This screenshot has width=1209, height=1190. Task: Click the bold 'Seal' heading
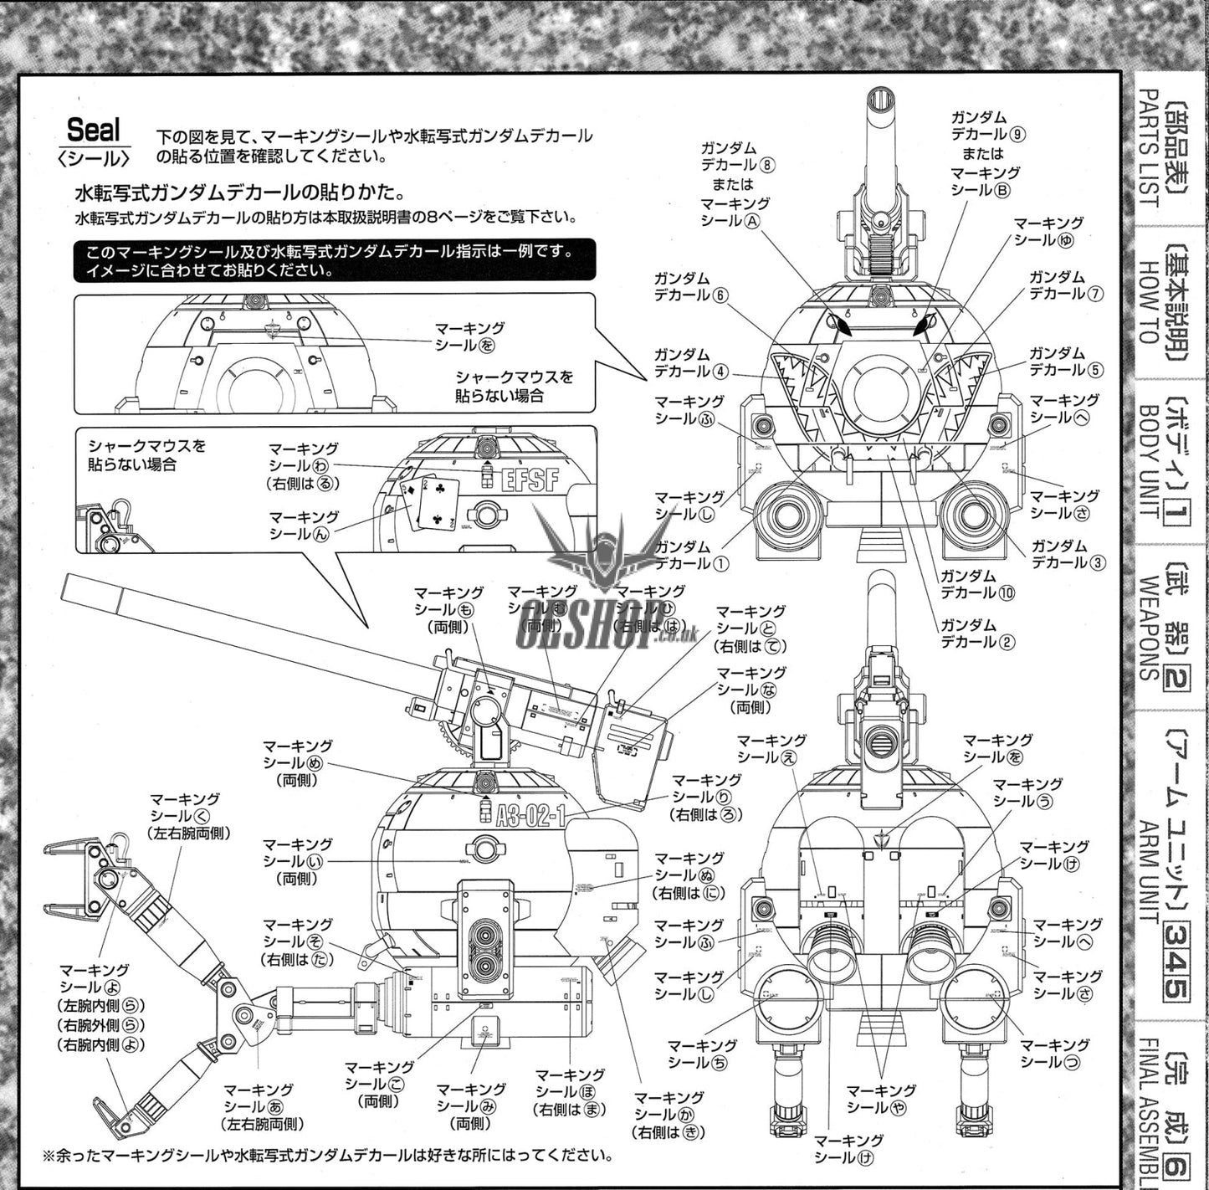[94, 131]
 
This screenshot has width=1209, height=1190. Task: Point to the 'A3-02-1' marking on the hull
[530, 815]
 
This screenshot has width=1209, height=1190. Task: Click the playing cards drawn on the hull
[428, 504]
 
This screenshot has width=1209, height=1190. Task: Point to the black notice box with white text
[335, 260]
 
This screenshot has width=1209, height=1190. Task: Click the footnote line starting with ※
[327, 1156]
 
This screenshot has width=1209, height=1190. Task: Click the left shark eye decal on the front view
[841, 324]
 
